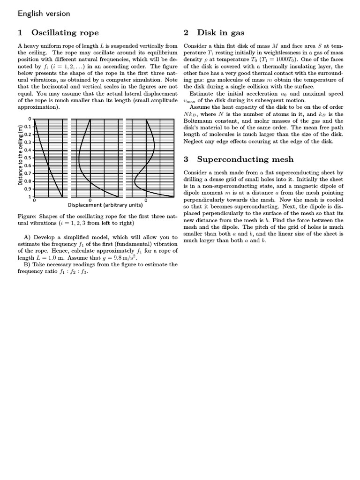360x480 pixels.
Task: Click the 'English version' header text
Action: tap(44, 14)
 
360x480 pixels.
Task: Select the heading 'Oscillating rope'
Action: tap(65, 33)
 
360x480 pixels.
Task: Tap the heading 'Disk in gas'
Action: tap(220, 33)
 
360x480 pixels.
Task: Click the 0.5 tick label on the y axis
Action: tap(29, 158)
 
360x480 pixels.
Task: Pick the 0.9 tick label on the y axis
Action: tap(29, 189)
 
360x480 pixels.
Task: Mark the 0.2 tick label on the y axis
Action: tap(29, 135)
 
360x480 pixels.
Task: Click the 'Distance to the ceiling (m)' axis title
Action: tap(21, 155)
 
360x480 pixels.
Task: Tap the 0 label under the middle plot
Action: tap(90, 200)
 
